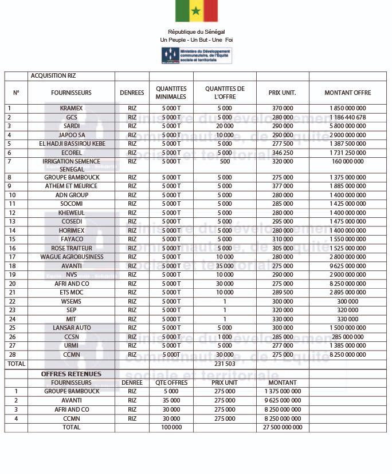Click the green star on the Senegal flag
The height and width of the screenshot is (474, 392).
[x=197, y=11]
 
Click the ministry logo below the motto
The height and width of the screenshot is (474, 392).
[x=197, y=55]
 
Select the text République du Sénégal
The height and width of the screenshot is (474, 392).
[x=197, y=31]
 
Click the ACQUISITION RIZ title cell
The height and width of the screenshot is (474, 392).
[x=53, y=75]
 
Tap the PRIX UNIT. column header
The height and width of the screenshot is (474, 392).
[x=282, y=93]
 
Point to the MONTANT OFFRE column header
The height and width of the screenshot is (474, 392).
[x=347, y=93]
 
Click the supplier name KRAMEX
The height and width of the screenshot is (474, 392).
[x=71, y=108]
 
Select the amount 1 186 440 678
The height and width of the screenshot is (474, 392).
[x=347, y=117]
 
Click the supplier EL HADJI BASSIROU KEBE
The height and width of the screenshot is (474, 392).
[x=71, y=144]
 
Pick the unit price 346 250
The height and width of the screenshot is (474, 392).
[x=282, y=153]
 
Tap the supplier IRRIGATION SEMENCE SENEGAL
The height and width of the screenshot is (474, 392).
[x=71, y=165]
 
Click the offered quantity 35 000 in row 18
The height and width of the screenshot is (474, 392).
[x=225, y=266]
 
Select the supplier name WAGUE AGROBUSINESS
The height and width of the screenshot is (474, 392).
[x=71, y=257]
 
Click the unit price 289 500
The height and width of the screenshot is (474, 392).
[x=282, y=292]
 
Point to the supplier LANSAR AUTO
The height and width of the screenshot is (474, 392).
[x=71, y=328]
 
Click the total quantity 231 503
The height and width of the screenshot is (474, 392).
[x=225, y=364]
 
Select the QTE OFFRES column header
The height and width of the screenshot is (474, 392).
[x=171, y=383]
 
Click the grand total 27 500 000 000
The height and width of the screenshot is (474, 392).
[x=282, y=427]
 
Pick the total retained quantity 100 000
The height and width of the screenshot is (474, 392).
[x=171, y=427]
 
